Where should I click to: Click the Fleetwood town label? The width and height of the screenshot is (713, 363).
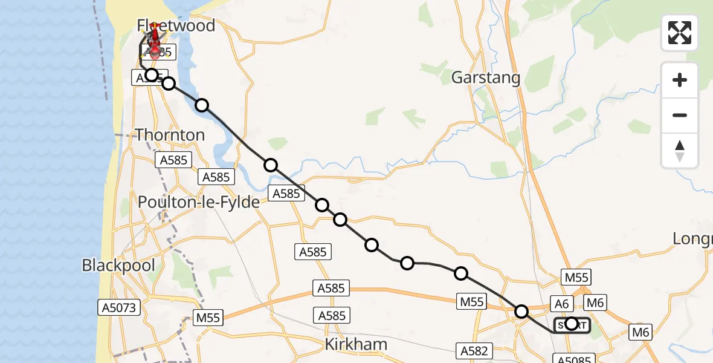[176, 25]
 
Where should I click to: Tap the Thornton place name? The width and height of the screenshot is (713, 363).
[170, 134]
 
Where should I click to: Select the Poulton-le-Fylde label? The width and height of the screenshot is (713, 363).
[199, 202]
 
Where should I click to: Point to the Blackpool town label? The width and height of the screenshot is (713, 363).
[118, 265]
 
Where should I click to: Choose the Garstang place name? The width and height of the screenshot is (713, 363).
[486, 77]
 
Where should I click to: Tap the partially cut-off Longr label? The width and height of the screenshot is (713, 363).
[692, 239]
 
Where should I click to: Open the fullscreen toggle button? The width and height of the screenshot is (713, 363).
[680, 33]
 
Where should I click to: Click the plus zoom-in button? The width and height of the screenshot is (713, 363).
[680, 80]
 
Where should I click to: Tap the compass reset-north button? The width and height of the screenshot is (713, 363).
[680, 150]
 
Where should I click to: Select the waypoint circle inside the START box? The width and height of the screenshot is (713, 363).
[572, 324]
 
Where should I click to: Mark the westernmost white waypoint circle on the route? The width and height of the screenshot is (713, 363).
[152, 75]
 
